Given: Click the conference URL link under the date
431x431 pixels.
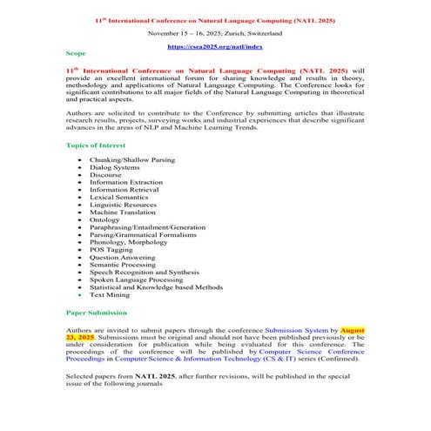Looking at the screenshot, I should tap(214, 45).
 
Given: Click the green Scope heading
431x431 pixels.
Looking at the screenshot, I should tap(76, 54).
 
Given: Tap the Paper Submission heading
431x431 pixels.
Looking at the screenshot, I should tap(97, 312).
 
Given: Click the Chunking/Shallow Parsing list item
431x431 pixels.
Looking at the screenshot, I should tap(131, 160).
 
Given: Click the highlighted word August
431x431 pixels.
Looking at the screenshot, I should tap(352, 331).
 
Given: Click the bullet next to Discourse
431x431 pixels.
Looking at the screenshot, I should tap(80, 176).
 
